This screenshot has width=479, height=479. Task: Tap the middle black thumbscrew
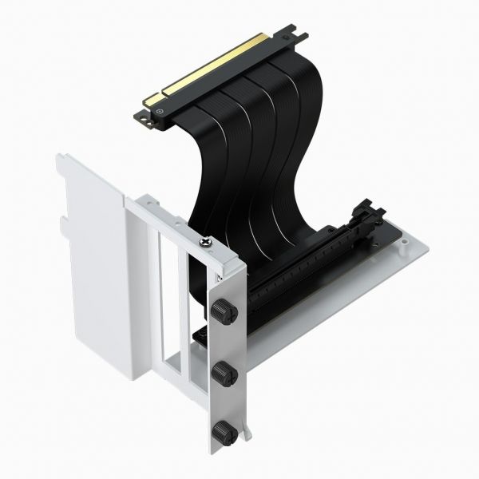[221, 371]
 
